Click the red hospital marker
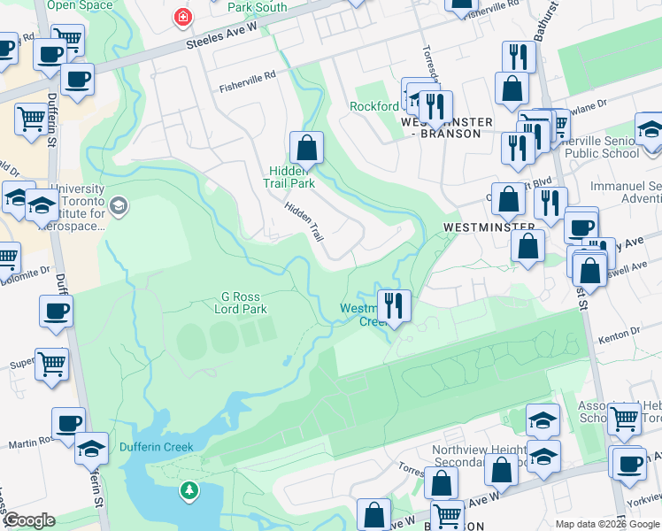(183, 17)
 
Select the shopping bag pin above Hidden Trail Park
(306, 147)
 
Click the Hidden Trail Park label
(289, 177)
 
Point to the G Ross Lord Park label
(241, 303)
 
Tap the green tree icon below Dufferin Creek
(188, 489)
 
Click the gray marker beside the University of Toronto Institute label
(119, 207)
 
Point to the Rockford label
(374, 106)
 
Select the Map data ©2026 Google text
(606, 524)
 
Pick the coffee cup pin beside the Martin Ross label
(68, 423)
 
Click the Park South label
(257, 7)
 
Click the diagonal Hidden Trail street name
(304, 221)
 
